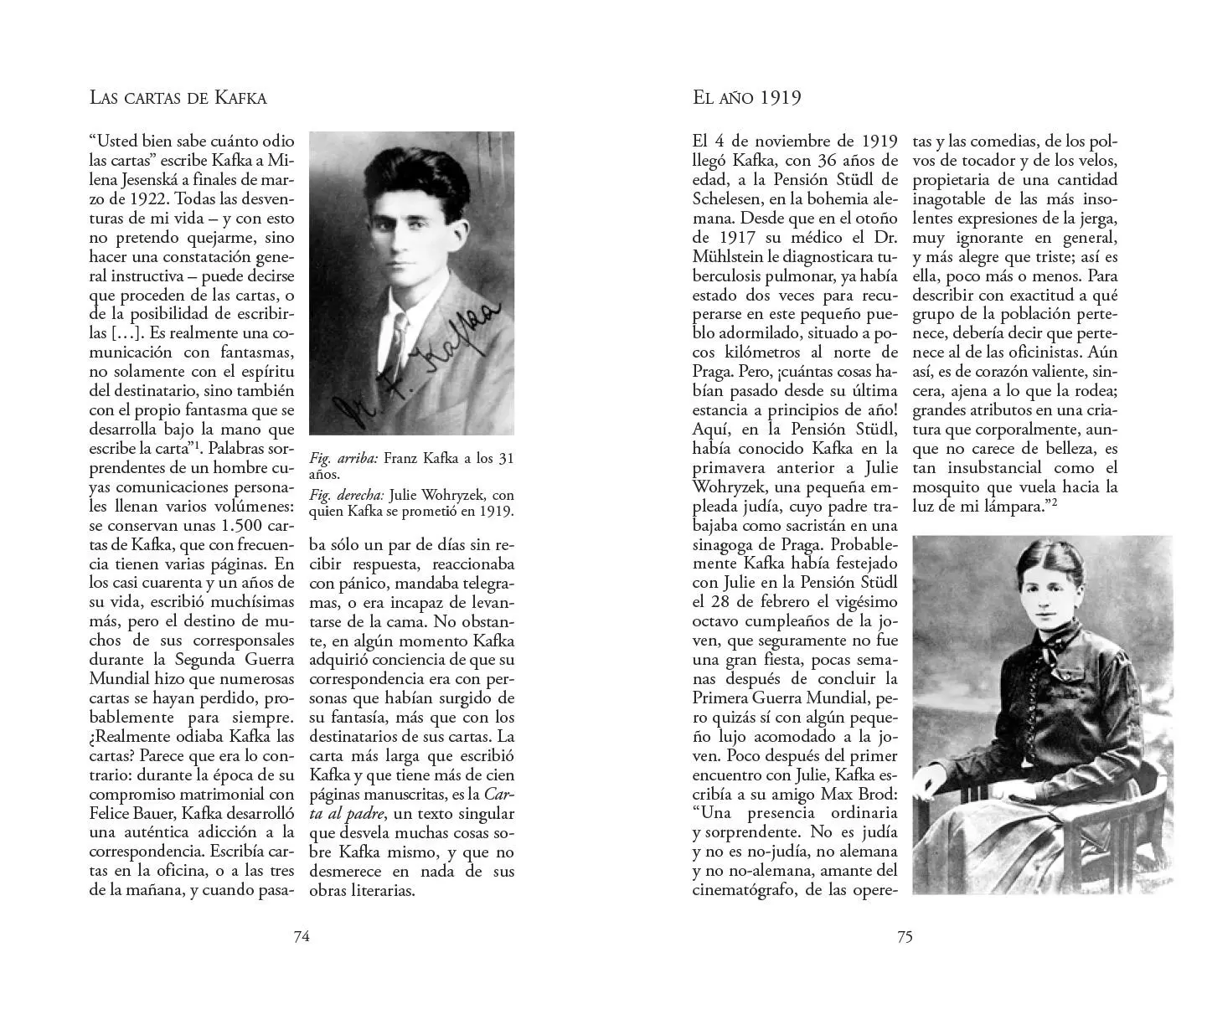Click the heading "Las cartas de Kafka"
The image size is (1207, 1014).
[x=178, y=98]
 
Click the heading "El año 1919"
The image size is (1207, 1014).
[x=747, y=98]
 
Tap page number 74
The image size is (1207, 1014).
[x=302, y=937]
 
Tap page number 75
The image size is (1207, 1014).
[x=905, y=937]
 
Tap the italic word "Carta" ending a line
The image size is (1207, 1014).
[x=499, y=794]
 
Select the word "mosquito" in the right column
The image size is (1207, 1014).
[x=947, y=486]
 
